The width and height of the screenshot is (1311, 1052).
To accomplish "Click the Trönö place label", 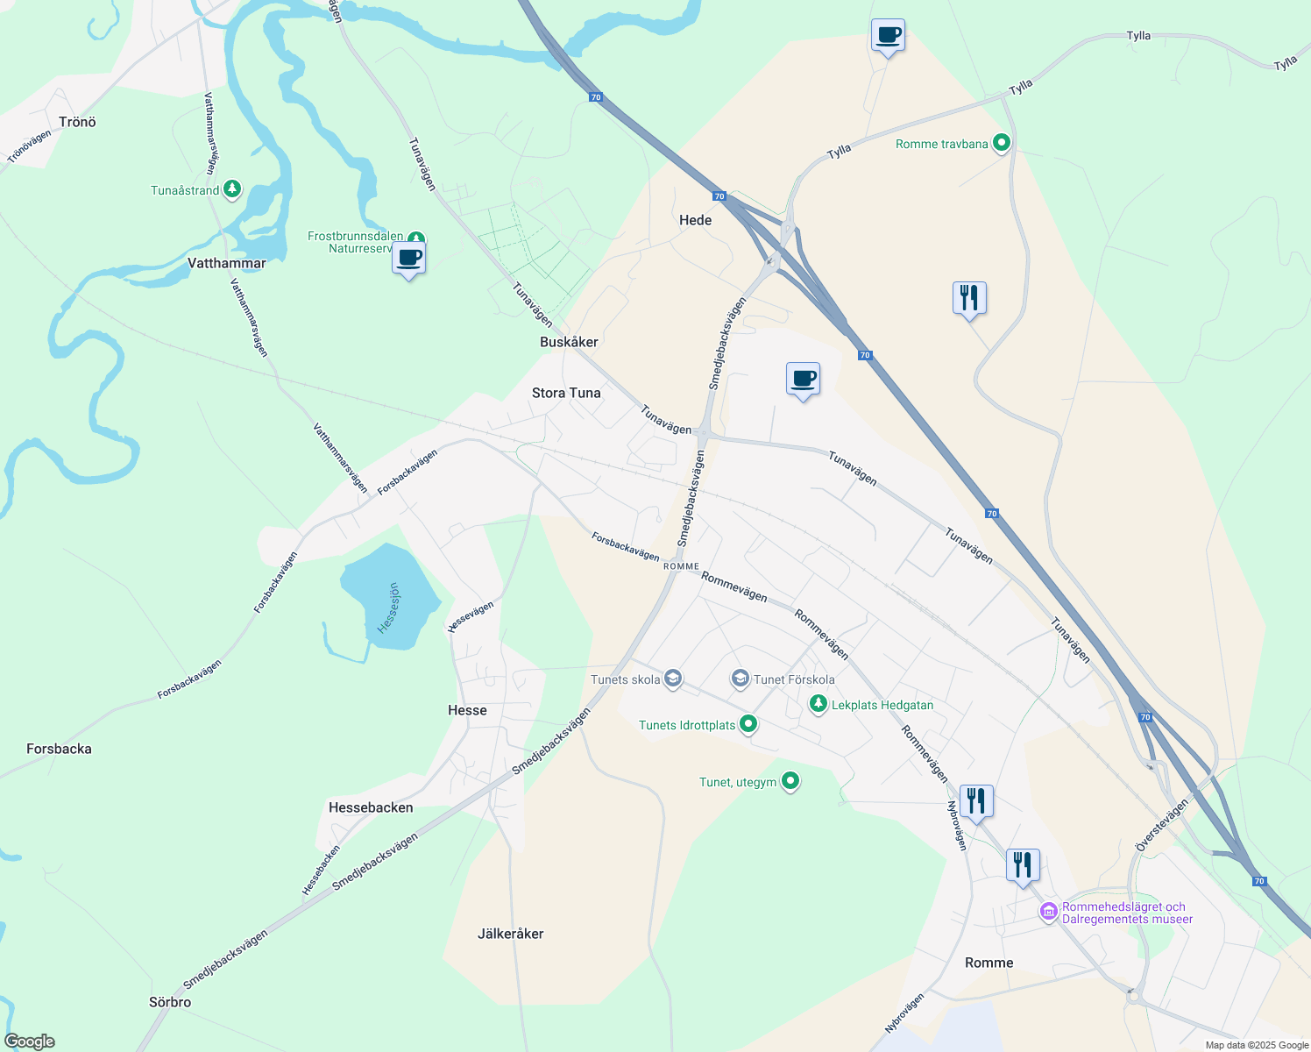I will point(77,122).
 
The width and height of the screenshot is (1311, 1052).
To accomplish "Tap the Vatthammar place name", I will point(226,263).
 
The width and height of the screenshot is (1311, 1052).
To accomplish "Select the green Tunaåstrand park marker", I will point(232,189).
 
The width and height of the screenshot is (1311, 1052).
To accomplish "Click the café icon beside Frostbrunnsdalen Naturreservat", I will point(409,259).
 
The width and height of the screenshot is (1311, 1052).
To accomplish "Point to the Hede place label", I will point(696,220).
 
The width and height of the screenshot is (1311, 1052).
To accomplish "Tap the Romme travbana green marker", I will point(1003,143).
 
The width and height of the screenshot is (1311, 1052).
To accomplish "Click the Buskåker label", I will point(569,342).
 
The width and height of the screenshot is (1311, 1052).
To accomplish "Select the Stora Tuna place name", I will point(566,393).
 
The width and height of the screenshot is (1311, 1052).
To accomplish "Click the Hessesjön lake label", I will point(388,608).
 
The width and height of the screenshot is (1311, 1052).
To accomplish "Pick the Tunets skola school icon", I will point(673,679).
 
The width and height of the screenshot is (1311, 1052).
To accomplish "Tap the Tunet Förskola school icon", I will point(741,679).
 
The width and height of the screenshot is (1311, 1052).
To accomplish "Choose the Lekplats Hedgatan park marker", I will point(818,704).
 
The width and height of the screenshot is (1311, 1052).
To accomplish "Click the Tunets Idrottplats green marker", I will point(748,724).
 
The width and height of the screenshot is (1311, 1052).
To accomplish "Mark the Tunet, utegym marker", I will point(790,780).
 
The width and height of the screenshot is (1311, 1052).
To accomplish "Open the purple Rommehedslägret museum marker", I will point(1048,912).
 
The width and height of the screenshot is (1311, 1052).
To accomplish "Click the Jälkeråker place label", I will point(511,934).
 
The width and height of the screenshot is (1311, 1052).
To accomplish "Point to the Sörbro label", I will point(170,1002).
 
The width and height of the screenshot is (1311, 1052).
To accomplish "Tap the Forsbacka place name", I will point(59,749).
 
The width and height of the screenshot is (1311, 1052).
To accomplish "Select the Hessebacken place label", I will point(371,807).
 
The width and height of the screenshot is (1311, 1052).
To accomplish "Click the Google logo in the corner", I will point(30,1041).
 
